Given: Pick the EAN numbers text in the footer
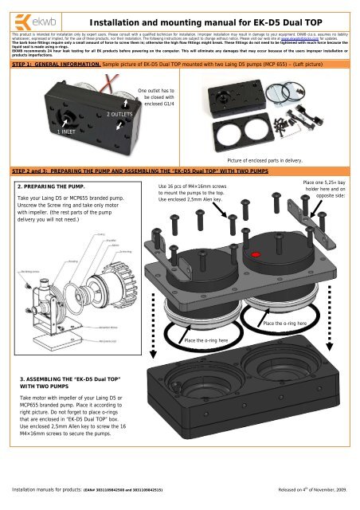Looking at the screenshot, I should [x=127, y=500].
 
